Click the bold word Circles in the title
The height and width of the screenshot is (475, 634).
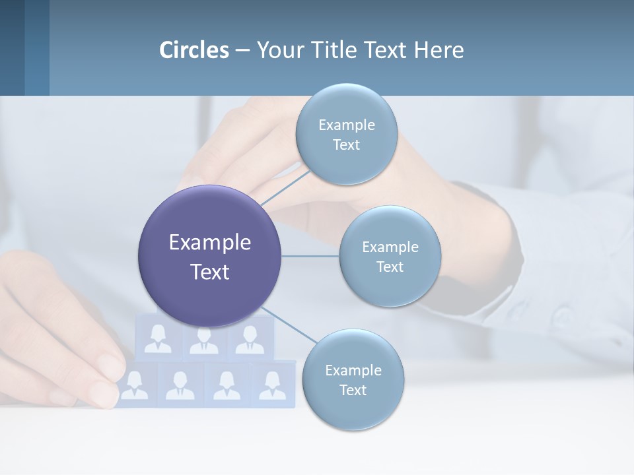point(194,50)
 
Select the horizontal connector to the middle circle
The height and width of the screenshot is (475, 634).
point(310,256)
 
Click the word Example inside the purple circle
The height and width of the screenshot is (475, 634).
point(209,243)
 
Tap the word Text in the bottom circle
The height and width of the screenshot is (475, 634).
point(353,390)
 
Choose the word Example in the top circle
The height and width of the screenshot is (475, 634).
point(346,125)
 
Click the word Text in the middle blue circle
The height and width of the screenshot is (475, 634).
point(390,267)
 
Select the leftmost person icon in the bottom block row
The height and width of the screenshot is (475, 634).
point(135,385)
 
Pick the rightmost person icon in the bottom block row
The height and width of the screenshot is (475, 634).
point(272,385)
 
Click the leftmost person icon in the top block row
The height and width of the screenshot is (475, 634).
point(158,338)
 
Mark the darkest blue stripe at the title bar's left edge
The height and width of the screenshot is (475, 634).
point(12,47)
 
